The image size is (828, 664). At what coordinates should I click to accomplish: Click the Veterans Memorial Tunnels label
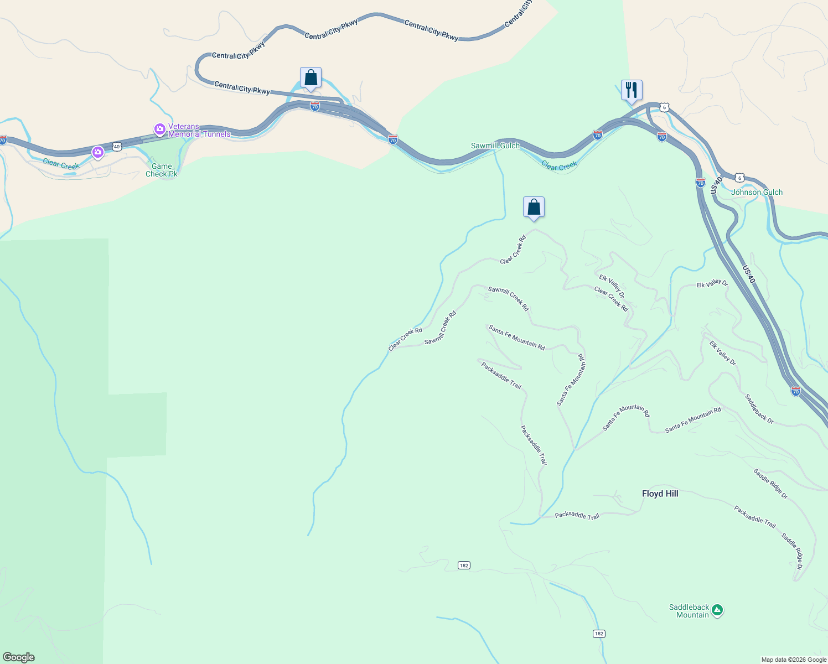199,130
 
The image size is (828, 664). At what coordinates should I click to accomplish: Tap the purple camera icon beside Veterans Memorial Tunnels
160,129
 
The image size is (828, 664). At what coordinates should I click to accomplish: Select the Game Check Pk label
162,170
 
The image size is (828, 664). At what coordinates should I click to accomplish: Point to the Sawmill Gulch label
495,146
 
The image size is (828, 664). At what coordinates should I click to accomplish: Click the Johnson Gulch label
757,192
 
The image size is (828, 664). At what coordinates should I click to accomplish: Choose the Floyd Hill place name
660,494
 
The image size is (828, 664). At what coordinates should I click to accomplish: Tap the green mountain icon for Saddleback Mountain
717,610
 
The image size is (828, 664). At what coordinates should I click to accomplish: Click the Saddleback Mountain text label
689,611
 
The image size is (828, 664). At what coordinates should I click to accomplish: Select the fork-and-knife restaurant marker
632,90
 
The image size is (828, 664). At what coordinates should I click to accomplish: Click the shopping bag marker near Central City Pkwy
310,78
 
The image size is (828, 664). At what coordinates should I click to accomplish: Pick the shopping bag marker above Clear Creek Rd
534,207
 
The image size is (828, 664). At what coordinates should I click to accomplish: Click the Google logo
19,657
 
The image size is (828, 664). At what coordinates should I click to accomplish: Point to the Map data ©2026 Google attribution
794,660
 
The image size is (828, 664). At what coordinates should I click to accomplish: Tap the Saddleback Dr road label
759,409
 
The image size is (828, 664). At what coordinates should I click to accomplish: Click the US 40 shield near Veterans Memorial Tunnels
116,146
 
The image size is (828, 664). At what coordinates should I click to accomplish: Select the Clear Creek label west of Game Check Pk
61,164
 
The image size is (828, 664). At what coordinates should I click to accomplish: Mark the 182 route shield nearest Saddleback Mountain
599,634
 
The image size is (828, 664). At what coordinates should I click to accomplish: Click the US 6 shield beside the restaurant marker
664,107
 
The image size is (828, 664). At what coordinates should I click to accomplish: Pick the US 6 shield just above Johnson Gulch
740,178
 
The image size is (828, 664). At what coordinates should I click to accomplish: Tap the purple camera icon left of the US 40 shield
98,152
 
